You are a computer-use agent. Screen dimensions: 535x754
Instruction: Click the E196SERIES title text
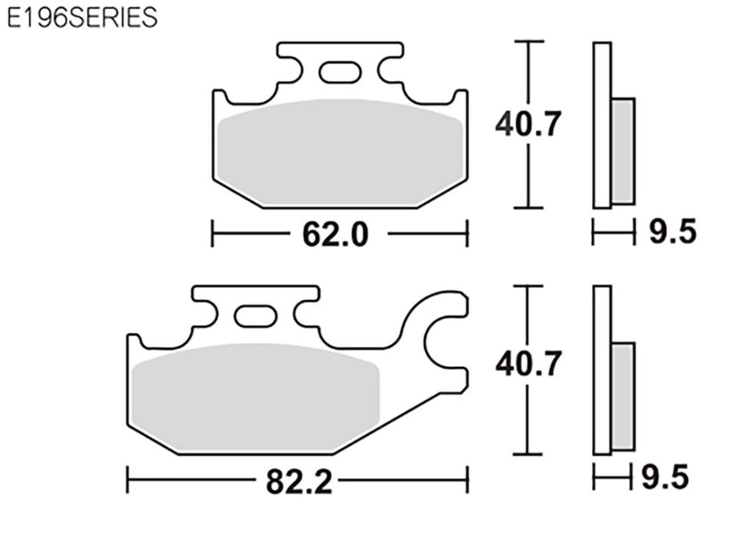click(82, 18)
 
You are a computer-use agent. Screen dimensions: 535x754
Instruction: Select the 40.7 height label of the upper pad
click(529, 123)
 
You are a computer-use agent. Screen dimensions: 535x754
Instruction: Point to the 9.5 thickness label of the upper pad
click(672, 234)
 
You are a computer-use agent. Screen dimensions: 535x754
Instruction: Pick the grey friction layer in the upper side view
click(623, 151)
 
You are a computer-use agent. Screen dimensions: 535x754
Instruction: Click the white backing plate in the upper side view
click(602, 125)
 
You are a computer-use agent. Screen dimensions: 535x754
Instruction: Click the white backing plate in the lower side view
click(602, 368)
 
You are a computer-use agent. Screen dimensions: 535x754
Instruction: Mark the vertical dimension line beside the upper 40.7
click(528, 169)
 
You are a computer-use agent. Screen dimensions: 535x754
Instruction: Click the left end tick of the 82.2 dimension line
click(127, 479)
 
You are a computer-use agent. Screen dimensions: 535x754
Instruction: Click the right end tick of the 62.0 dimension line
click(467, 234)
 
